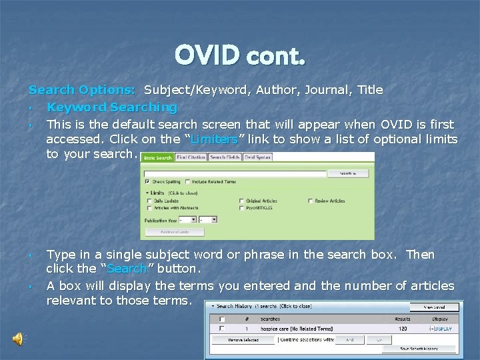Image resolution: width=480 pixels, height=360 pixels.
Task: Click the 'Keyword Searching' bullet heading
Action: coord(112,107)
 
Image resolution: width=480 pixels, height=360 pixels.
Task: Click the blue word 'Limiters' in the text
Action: coord(214,139)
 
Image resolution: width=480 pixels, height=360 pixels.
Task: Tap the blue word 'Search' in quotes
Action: coord(127,269)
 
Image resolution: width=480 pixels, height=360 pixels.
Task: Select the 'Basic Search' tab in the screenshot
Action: coord(157,158)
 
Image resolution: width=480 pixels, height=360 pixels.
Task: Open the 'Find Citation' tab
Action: coord(191,158)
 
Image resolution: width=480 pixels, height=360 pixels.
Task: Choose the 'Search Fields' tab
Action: coord(224,158)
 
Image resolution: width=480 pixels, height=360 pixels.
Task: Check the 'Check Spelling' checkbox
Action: coord(147,181)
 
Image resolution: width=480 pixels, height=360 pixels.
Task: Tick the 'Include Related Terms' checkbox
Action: coord(188,181)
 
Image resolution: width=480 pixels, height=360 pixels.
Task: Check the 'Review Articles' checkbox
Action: coord(310,200)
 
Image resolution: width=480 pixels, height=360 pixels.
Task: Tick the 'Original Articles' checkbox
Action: coord(241,200)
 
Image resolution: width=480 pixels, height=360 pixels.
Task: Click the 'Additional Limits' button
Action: coord(175,232)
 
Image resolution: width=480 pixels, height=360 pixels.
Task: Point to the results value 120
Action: coord(401,329)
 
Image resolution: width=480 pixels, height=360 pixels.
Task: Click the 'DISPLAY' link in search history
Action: coord(443,329)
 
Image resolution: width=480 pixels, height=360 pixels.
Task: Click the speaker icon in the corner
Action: coord(18,339)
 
